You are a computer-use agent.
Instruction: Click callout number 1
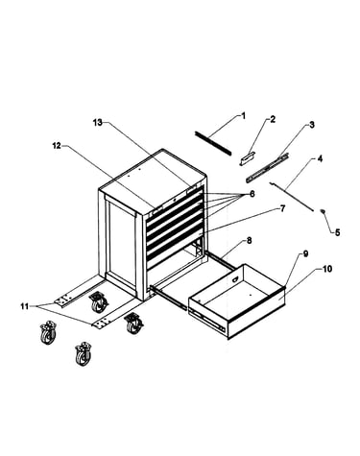(x=243, y=115)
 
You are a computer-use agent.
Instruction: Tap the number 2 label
(x=273, y=119)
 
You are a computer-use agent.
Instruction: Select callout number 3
(x=312, y=125)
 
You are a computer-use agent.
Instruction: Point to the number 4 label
(x=320, y=158)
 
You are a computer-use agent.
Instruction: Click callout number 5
(x=338, y=232)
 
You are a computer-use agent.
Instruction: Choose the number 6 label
(x=252, y=194)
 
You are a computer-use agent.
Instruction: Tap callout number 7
(x=282, y=209)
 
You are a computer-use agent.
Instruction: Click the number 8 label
(x=250, y=240)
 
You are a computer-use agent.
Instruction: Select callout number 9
(x=305, y=253)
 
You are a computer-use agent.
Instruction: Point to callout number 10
(x=327, y=269)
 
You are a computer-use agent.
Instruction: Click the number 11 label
(x=25, y=306)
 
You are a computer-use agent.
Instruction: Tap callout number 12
(x=57, y=146)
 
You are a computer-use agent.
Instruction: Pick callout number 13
(x=98, y=122)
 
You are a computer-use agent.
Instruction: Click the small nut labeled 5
(x=323, y=211)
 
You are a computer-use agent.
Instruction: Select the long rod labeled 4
(x=291, y=196)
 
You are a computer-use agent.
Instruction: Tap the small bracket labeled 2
(x=247, y=158)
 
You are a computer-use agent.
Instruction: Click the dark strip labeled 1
(x=212, y=143)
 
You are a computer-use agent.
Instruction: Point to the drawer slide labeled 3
(x=267, y=168)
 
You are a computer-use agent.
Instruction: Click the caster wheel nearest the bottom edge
(x=83, y=354)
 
